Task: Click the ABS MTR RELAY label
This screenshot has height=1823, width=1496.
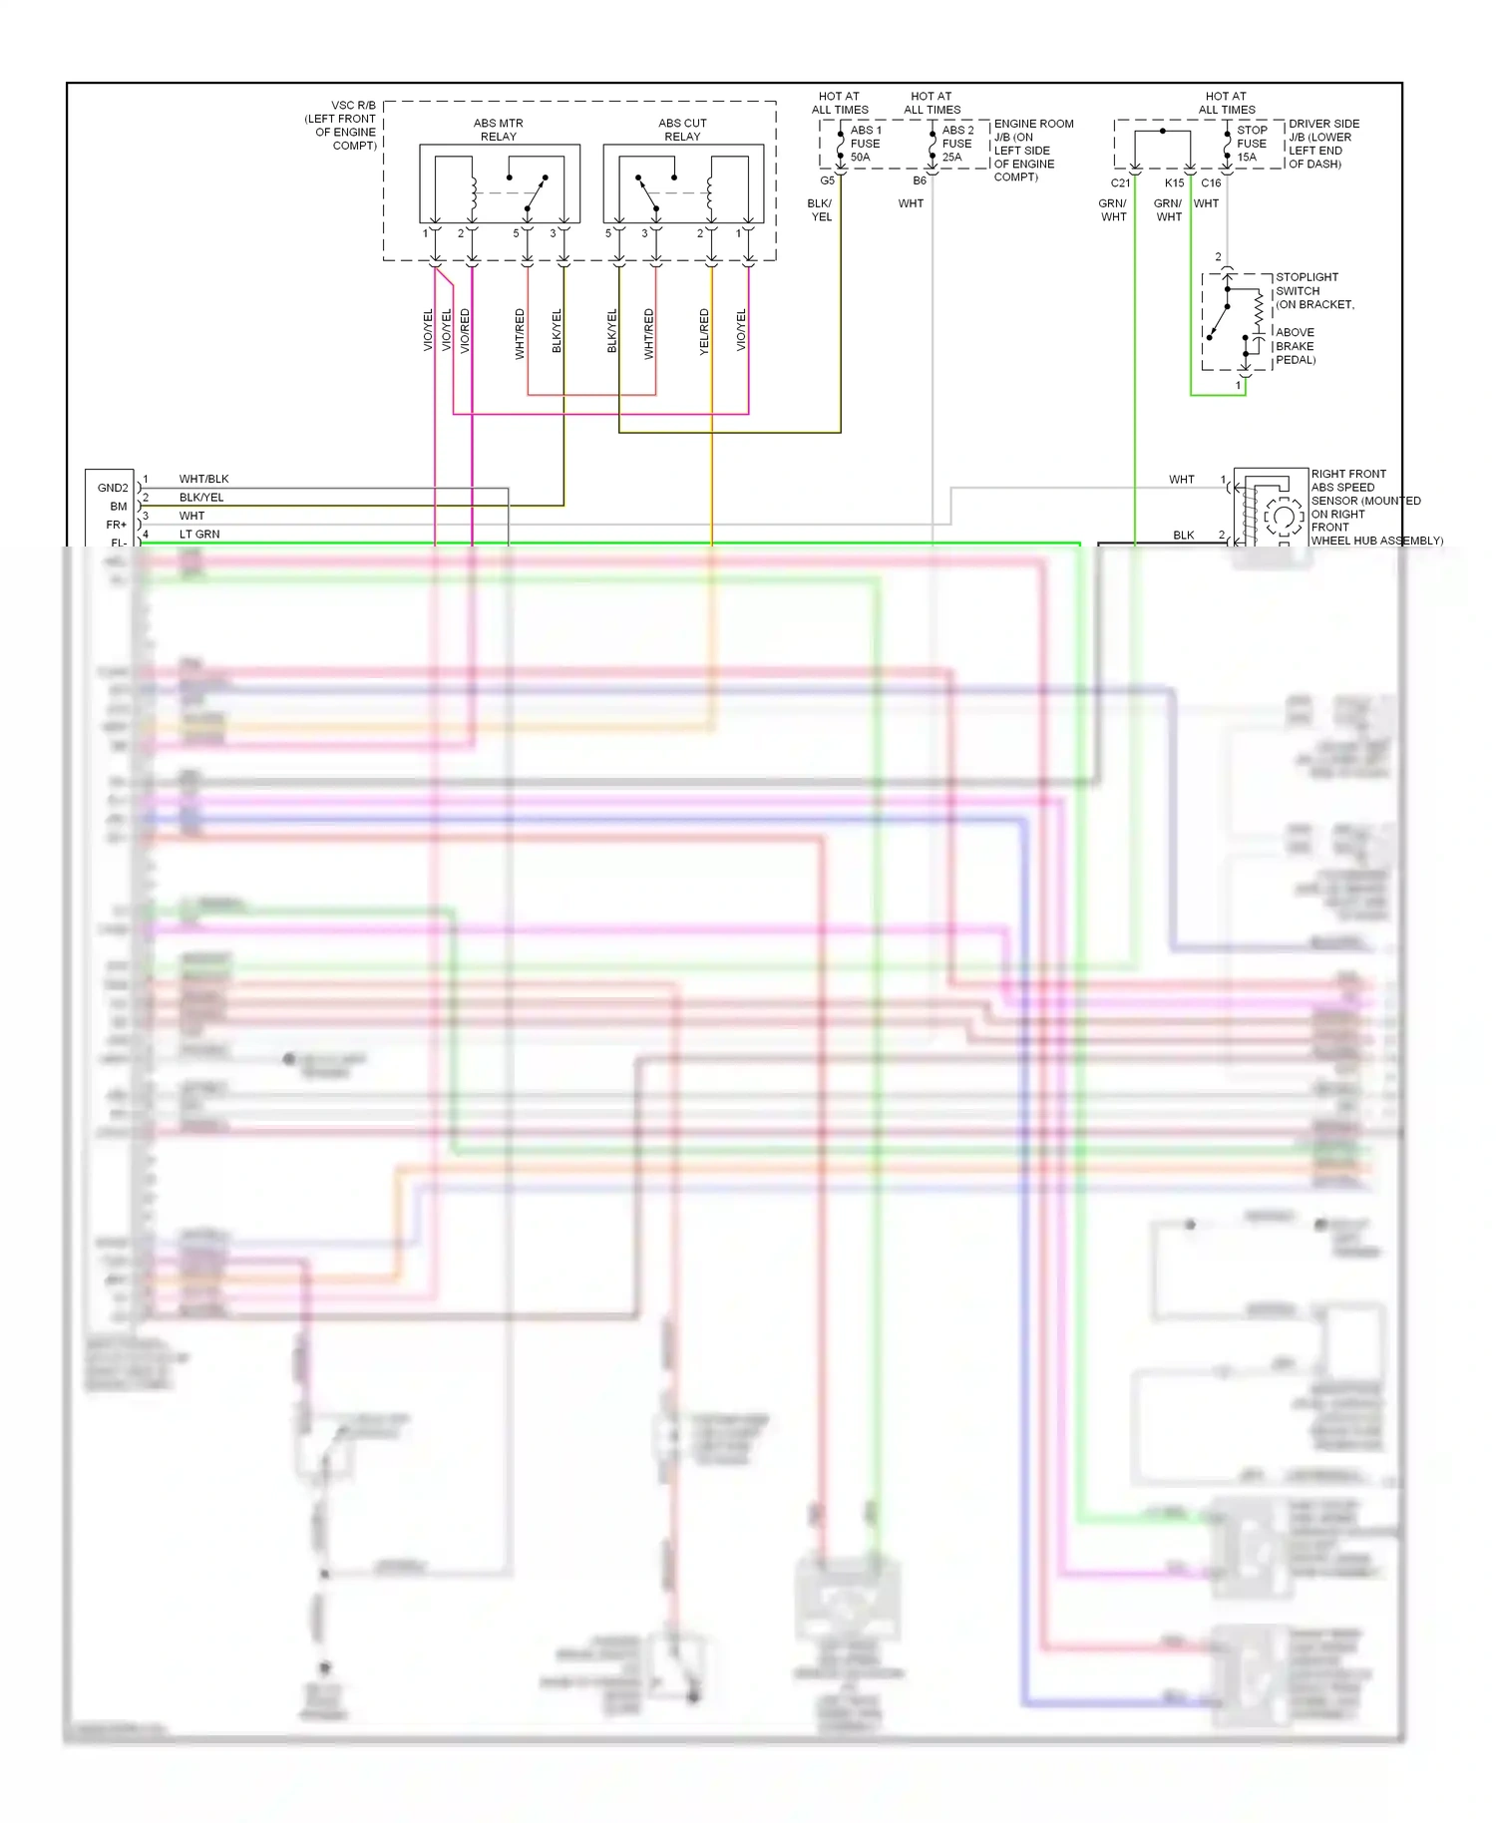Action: click(x=498, y=130)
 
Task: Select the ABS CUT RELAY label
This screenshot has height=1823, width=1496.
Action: click(x=682, y=130)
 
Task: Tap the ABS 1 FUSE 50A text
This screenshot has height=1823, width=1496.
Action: click(x=865, y=144)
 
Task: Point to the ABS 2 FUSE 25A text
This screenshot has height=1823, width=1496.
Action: click(x=957, y=144)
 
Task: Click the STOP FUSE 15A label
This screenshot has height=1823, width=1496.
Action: click(x=1252, y=144)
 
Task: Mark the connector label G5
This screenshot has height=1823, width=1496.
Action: click(x=827, y=181)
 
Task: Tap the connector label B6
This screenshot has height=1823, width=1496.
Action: click(x=919, y=181)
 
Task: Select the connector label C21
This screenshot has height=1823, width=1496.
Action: click(x=1120, y=182)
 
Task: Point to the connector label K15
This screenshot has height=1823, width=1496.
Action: click(x=1174, y=182)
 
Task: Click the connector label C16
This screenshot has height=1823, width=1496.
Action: click(x=1211, y=182)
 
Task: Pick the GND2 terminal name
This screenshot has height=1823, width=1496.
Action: click(x=113, y=488)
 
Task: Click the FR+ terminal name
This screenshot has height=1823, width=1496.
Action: click(x=117, y=525)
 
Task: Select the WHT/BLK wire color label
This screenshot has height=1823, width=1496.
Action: click(x=203, y=479)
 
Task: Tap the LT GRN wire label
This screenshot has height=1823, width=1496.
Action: click(x=199, y=535)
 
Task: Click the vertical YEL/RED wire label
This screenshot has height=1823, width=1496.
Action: click(x=704, y=331)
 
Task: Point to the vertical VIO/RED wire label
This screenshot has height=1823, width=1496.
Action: click(x=465, y=331)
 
